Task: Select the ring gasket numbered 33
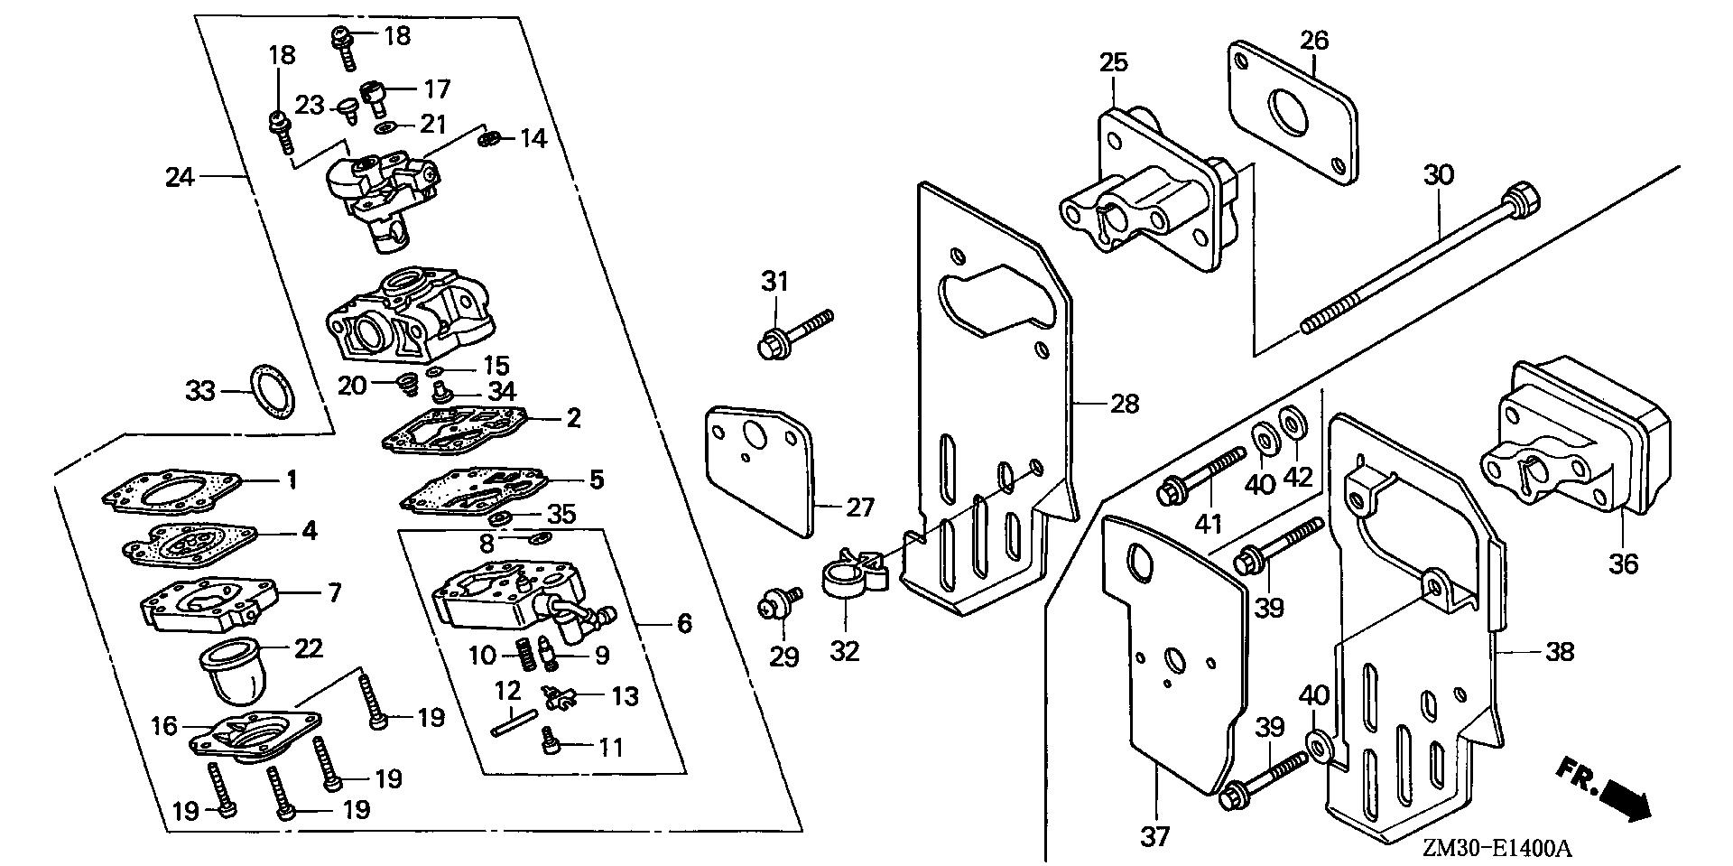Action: click(x=272, y=391)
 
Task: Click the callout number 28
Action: click(x=1124, y=403)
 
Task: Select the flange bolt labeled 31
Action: click(x=793, y=332)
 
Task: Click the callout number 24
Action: click(x=180, y=177)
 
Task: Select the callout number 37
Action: click(x=1154, y=836)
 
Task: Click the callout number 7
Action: click(x=336, y=593)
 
